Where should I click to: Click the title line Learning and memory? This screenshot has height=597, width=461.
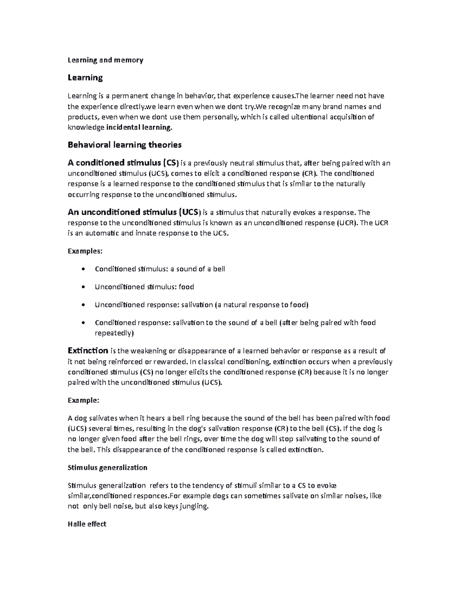coord(105,60)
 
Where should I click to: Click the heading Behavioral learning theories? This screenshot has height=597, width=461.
coord(124,145)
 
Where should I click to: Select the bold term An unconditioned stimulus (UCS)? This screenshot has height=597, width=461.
coord(134,212)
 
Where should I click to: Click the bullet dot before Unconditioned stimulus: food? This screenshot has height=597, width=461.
coord(83,287)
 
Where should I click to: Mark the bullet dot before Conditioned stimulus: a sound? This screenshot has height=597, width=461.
coord(83,269)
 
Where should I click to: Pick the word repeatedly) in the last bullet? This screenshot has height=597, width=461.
coord(114,333)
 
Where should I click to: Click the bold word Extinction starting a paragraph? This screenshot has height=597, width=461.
coord(88,351)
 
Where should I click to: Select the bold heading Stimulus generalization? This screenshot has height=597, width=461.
coord(107,467)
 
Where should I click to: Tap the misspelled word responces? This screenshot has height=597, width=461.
coord(150,496)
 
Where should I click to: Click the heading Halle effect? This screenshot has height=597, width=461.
coord(87,524)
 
